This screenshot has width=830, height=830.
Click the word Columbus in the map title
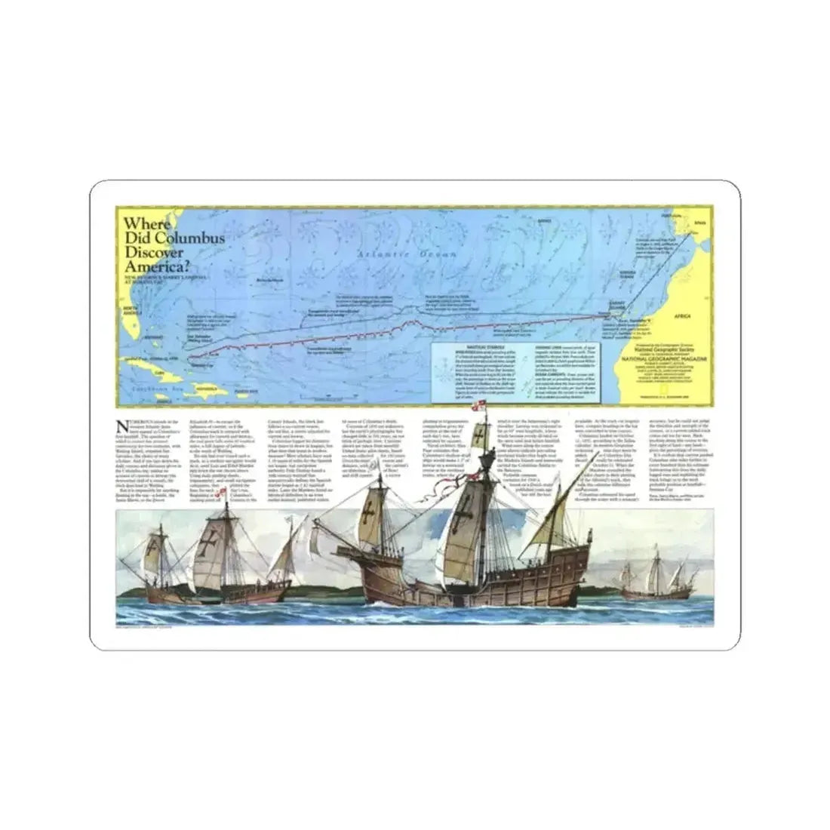tap(192, 238)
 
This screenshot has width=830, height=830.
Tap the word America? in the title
tap(156, 265)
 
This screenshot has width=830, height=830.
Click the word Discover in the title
tap(154, 251)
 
